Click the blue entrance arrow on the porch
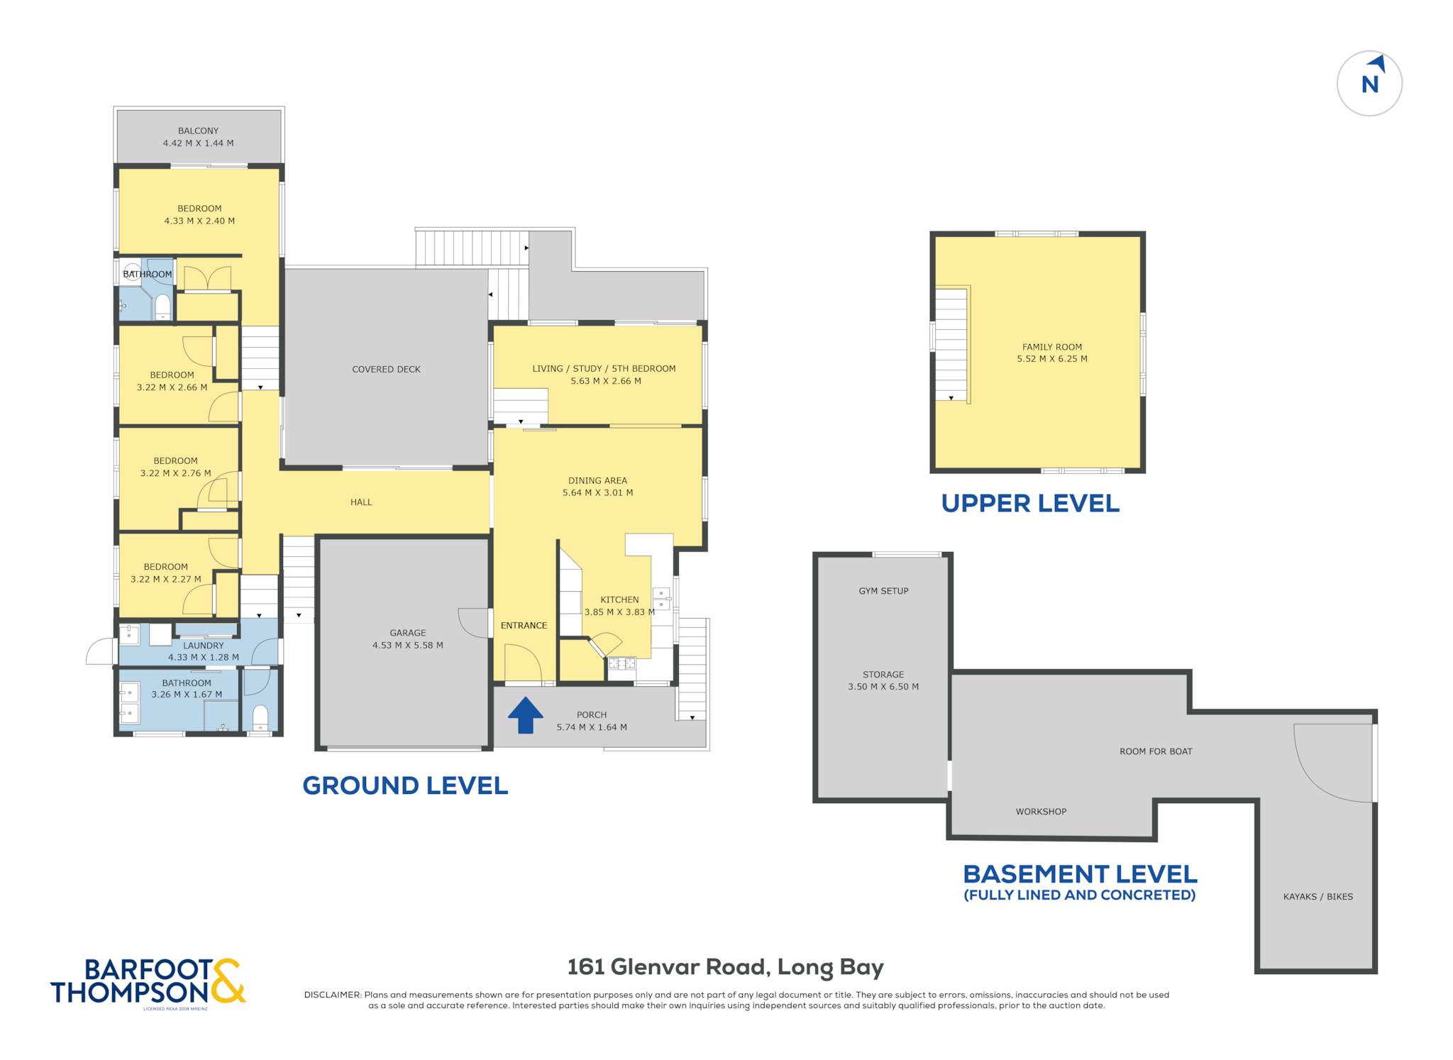[x=525, y=714]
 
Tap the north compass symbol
[x=1369, y=83]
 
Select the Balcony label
[x=198, y=131]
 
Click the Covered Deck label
[x=386, y=369]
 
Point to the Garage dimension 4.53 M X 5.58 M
[x=408, y=645]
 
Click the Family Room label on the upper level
[x=1052, y=347]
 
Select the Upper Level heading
[x=1030, y=503]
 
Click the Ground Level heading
[x=405, y=785]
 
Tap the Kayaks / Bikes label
[x=1317, y=896]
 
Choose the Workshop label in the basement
[x=1041, y=811]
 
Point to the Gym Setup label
[x=883, y=590]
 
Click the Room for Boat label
[x=1156, y=751]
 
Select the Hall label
[x=361, y=502]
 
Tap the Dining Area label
[x=597, y=480]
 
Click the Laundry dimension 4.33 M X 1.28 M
[x=204, y=657]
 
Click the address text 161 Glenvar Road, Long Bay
[x=725, y=967]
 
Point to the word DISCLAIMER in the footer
[x=333, y=995]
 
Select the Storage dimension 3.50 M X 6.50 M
[x=883, y=686]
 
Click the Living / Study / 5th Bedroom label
[x=604, y=368]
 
